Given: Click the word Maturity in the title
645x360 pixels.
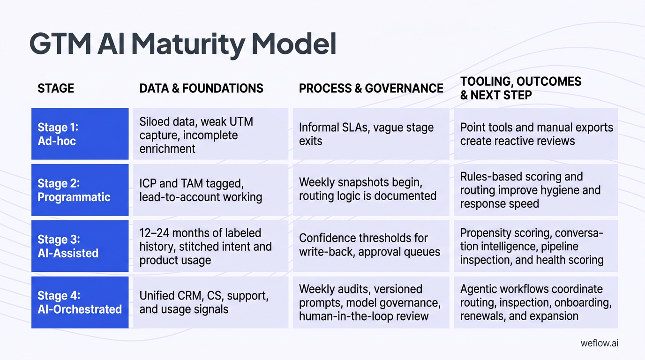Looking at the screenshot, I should tap(187, 45).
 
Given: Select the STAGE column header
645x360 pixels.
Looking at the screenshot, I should tap(56, 88).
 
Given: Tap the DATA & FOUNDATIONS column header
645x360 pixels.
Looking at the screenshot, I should tap(202, 88).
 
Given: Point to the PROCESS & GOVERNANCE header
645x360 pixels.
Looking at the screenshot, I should tap(371, 88).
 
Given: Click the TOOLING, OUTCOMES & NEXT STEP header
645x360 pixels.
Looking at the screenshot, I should tap(520, 88).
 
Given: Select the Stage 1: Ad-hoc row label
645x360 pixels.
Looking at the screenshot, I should tap(80, 134).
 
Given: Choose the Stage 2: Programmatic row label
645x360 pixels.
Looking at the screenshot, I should tap(80, 190).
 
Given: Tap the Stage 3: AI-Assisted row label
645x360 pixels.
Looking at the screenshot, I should tap(80, 246).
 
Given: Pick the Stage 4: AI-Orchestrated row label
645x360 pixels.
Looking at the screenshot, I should tap(80, 302).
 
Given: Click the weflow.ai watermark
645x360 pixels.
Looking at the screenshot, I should tap(599, 343).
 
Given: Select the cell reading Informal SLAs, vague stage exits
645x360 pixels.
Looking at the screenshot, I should tap(371, 134).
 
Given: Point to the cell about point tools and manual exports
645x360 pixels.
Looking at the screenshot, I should tap(536, 134).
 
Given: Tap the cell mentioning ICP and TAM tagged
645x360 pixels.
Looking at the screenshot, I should tap(210, 190).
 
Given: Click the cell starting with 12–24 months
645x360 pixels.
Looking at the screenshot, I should tap(210, 246).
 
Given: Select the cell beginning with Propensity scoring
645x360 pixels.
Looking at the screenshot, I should tap(536, 246).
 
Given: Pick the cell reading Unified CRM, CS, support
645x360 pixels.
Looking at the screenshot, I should tap(210, 302).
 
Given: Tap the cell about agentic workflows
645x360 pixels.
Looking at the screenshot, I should tap(536, 302).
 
